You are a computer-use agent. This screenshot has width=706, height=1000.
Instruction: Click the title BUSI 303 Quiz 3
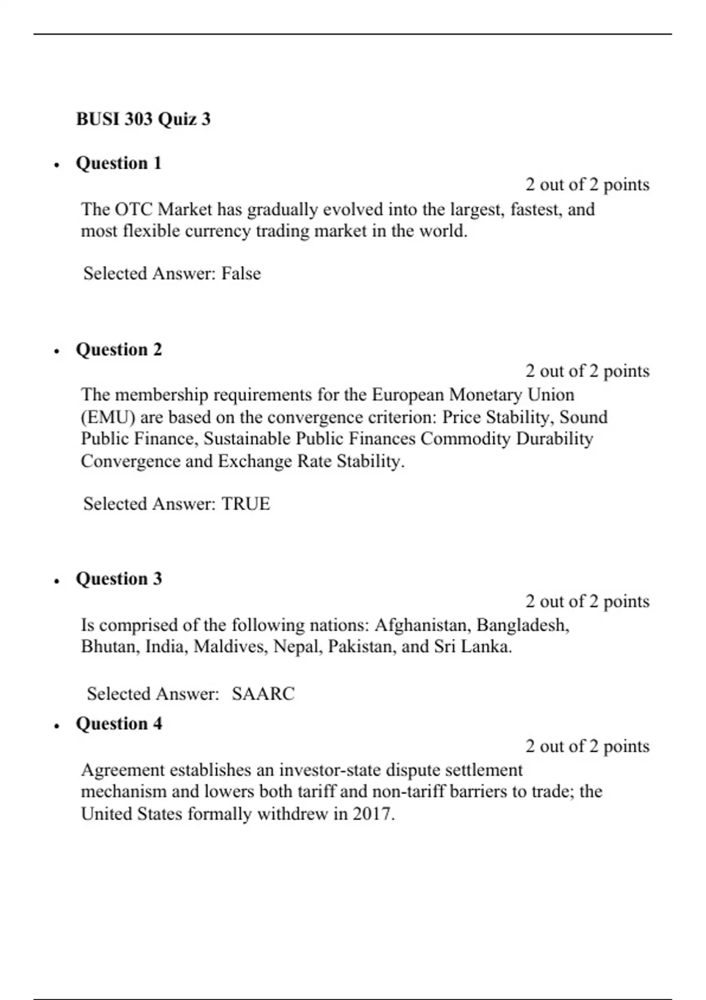click(x=143, y=119)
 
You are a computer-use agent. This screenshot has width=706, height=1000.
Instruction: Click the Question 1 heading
click(x=118, y=163)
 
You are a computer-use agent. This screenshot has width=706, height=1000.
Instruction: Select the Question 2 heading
click(x=118, y=349)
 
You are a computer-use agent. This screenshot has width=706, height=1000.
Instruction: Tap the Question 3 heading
click(x=118, y=579)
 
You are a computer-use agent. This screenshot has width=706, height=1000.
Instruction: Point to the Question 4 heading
click(x=118, y=724)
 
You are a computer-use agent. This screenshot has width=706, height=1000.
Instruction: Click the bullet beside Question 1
click(x=56, y=165)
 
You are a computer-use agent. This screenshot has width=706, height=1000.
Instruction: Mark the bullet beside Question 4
click(x=56, y=726)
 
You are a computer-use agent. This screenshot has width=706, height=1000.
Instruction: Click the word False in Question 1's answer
click(x=241, y=274)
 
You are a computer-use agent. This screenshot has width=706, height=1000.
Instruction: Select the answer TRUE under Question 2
click(x=245, y=504)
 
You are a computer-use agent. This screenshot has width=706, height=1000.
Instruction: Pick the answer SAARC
click(x=262, y=694)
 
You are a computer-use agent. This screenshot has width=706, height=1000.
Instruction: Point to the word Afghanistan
click(x=421, y=625)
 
